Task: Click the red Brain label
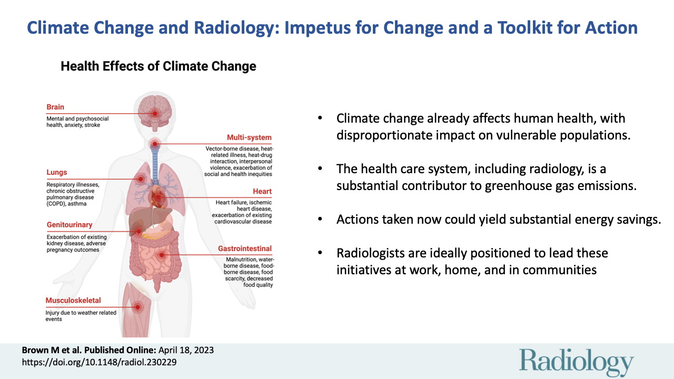pos(55,107)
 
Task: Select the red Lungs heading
pos(56,172)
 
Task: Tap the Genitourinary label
pos(70,225)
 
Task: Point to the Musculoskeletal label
pos(73,300)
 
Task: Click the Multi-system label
pos(249,137)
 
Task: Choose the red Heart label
pos(262,191)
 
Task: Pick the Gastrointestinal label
pos(245,248)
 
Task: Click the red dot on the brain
pos(155,114)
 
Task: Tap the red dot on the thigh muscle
pos(137,307)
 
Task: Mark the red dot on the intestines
pos(162,255)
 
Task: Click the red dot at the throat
pos(155,144)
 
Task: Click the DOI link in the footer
pos(100,362)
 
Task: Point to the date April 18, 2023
pos(186,350)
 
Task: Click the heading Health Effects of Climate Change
pos(158,66)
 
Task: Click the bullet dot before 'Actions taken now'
pos(320,220)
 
